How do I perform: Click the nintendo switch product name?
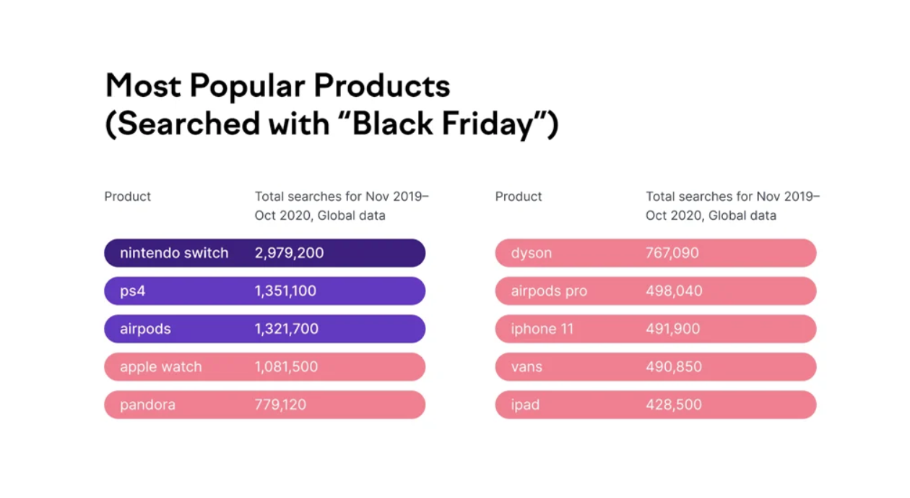pyautogui.click(x=174, y=253)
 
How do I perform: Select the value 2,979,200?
pyautogui.click(x=289, y=253)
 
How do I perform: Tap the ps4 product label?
pyautogui.click(x=133, y=291)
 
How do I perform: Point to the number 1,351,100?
pyautogui.click(x=285, y=291)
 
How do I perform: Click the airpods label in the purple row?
pyautogui.click(x=145, y=329)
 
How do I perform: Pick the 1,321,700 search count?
pyautogui.click(x=286, y=329)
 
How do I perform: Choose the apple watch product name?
pyautogui.click(x=161, y=367)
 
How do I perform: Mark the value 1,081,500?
pyautogui.click(x=286, y=367)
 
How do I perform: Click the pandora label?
pyautogui.click(x=147, y=405)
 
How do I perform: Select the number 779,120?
pyautogui.click(x=280, y=405)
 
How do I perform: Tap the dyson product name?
pyautogui.click(x=532, y=253)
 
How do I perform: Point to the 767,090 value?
pyautogui.click(x=672, y=253)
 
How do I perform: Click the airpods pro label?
pyautogui.click(x=549, y=291)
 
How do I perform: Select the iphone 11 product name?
pyautogui.click(x=542, y=329)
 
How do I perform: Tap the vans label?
pyautogui.click(x=526, y=367)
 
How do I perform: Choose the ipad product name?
pyautogui.click(x=525, y=405)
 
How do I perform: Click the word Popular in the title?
pyautogui.click(x=246, y=86)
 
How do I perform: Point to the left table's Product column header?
pyautogui.click(x=128, y=197)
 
